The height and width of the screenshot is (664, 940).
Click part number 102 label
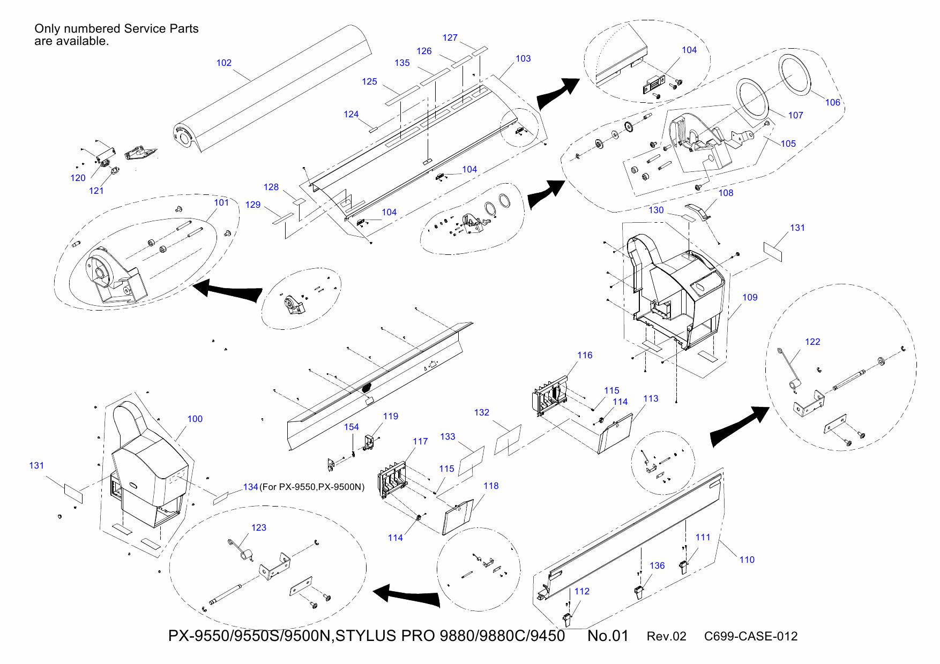[224, 63]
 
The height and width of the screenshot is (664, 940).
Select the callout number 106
[832, 103]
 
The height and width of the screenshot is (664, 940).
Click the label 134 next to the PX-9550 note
[250, 487]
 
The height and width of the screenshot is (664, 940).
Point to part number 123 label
[258, 527]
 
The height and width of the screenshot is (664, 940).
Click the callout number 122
[812, 342]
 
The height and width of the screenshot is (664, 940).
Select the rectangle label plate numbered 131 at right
[773, 251]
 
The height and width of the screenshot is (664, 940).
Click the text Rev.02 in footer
[666, 636]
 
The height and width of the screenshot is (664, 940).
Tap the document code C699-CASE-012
[750, 636]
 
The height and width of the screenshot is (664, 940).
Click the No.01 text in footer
[608, 636]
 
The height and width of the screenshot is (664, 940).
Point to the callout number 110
[747, 560]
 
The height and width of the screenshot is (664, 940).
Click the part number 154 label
[352, 427]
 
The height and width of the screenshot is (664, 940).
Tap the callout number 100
[195, 419]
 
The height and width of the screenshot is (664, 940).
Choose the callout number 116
[585, 355]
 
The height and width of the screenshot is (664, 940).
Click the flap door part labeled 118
[458, 517]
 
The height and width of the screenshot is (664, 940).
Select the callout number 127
[450, 37]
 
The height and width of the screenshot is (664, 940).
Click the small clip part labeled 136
[638, 592]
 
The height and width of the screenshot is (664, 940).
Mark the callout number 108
[726, 193]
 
